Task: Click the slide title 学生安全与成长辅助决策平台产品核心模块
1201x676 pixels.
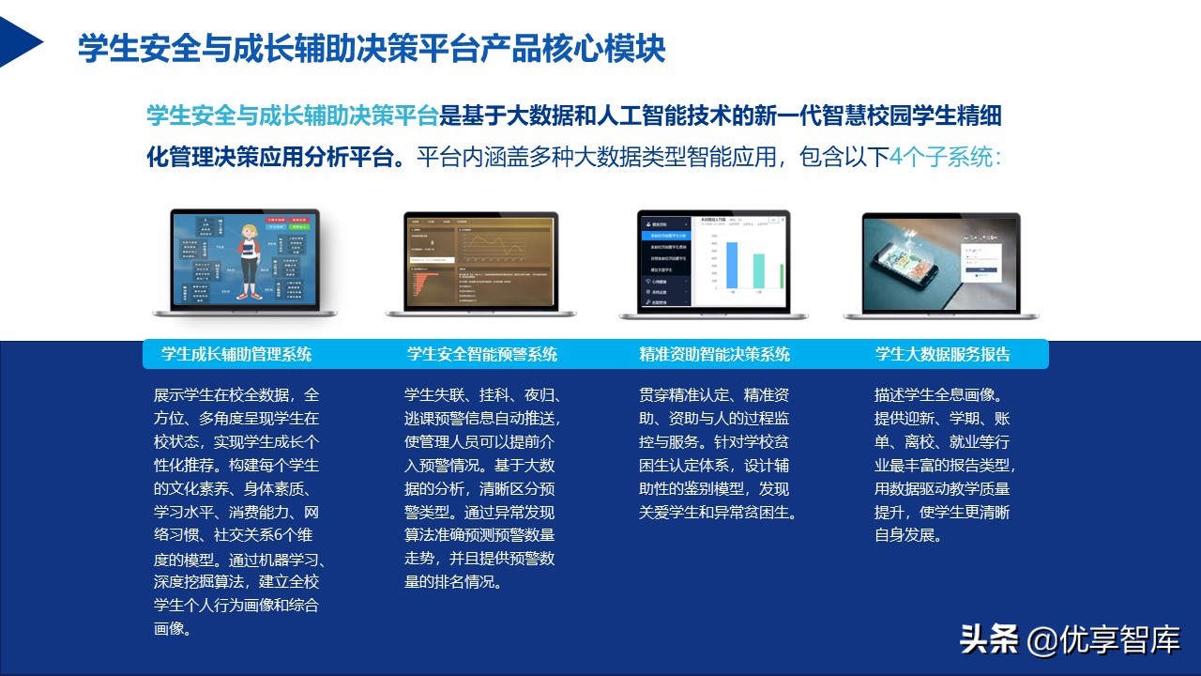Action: coord(372,48)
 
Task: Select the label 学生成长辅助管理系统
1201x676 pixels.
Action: coord(236,354)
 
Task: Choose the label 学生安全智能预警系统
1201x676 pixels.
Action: coord(481,354)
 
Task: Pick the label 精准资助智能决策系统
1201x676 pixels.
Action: coord(714,354)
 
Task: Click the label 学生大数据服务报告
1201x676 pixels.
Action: coord(943,354)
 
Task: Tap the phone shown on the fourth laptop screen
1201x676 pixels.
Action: coord(915,263)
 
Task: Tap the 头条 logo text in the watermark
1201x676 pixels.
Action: coord(988,640)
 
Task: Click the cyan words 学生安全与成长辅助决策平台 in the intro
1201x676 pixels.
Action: coord(293,116)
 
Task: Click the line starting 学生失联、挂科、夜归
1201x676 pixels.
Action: coord(481,395)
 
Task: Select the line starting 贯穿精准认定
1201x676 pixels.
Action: coord(713,395)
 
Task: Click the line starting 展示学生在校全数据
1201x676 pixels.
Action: coord(236,395)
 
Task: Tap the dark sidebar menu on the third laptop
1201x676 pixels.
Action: coord(664,265)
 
